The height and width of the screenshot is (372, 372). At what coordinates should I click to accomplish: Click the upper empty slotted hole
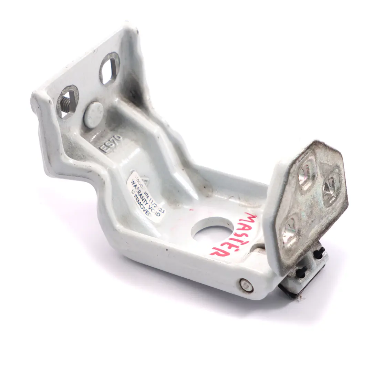(109, 69)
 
